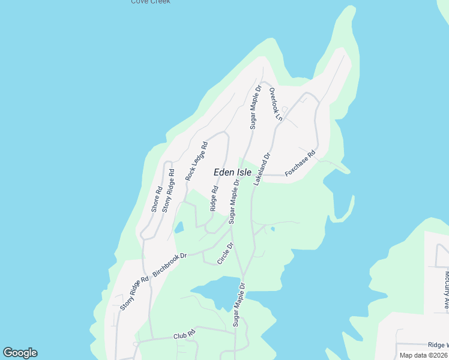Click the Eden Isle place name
point(233,172)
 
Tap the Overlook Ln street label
point(275,104)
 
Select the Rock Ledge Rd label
point(196,161)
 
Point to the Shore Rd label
point(157,198)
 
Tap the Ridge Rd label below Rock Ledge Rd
point(214,198)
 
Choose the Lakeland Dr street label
point(262,168)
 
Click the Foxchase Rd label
point(300,163)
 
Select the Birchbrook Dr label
point(170,264)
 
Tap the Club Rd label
point(185,334)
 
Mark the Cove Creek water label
point(151,2)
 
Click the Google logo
point(20,353)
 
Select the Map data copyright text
point(423,355)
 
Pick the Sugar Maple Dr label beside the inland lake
point(240,304)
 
